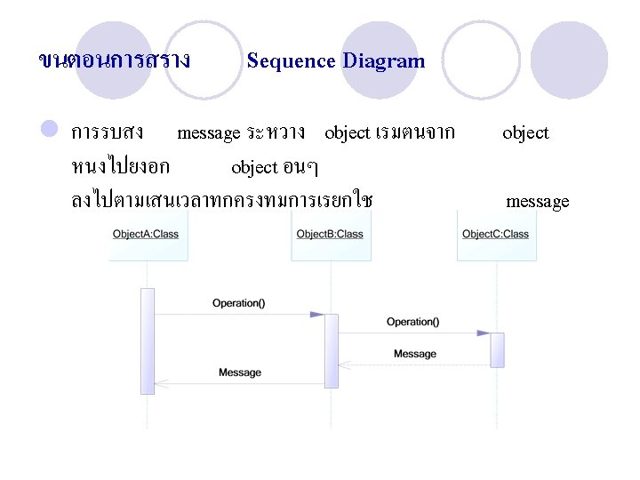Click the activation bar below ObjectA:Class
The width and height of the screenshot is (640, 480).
[148, 340]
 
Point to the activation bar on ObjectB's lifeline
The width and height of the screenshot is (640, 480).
[332, 350]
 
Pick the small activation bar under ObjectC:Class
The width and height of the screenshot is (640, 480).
[497, 349]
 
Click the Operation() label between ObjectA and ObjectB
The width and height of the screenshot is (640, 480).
[238, 303]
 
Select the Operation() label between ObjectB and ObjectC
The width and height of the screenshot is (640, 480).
[412, 322]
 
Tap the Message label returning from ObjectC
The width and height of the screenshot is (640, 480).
[415, 354]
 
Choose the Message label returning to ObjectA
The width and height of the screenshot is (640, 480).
[240, 372]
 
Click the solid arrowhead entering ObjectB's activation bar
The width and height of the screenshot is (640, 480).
[317, 315]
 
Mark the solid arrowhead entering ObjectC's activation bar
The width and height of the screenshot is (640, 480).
[483, 333]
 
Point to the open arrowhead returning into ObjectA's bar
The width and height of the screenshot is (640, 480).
[161, 384]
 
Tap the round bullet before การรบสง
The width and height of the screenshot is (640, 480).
[50, 131]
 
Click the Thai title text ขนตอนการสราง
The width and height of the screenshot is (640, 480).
[115, 60]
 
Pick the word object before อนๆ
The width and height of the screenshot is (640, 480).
[254, 167]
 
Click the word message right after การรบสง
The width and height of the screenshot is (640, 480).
[209, 133]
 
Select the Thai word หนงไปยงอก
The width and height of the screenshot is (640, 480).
[121, 166]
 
